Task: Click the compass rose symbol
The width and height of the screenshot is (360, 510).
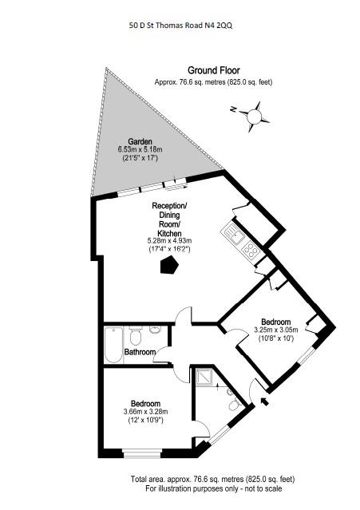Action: coord(255,117)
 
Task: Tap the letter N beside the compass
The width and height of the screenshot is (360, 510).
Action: coord(233,109)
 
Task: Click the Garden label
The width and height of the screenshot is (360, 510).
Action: coord(140,142)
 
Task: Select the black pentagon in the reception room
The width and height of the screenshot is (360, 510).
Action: coord(169,265)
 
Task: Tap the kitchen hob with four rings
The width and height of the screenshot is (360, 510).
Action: coord(251,251)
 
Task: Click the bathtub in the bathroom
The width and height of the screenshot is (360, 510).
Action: coord(113,345)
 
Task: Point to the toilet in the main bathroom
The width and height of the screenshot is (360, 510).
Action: coord(135,335)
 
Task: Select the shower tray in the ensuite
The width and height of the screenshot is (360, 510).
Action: coord(204,377)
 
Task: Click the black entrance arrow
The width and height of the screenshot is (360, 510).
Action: coord(265,401)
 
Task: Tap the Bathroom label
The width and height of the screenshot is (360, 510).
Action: coord(140,352)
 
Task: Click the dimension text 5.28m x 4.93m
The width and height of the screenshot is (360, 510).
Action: coord(169,241)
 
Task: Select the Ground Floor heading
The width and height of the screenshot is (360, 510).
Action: coord(214,70)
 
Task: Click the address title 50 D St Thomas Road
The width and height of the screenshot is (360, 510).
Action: coord(181,26)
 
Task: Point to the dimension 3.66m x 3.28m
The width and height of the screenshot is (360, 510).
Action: coord(146,412)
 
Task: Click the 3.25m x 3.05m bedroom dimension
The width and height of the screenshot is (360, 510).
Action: coord(275,330)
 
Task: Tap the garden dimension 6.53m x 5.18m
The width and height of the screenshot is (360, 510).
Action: coord(140,150)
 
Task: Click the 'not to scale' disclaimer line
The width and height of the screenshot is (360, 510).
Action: coord(214,488)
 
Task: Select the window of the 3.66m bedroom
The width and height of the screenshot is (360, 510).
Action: coord(143,453)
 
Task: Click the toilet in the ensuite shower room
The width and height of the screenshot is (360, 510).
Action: coord(234,405)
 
